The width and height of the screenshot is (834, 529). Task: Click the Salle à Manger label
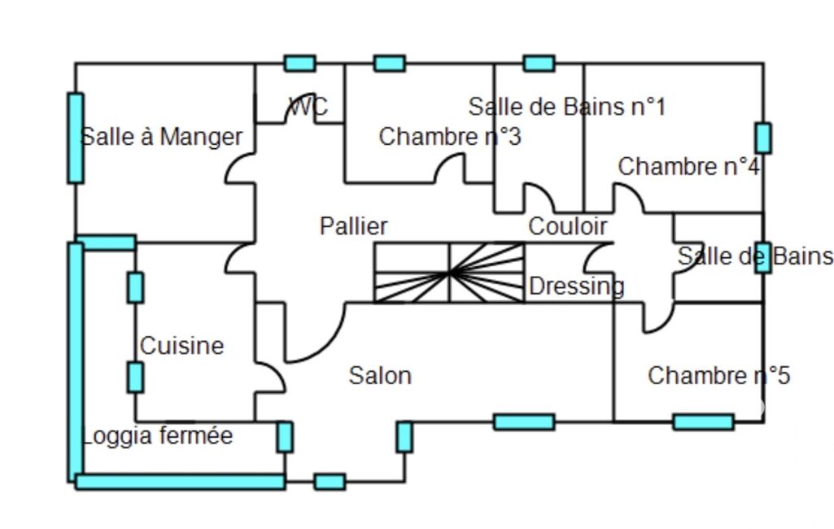pos(162,137)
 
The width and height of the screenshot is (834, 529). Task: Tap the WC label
pos(308,107)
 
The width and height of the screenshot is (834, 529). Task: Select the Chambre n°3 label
pos(450,137)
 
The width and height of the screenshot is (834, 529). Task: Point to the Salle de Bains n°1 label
pos(567,107)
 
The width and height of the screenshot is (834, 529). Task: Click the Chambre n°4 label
pos(689,167)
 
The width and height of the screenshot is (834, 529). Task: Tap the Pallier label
pos(353,225)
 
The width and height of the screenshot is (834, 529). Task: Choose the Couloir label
pos(568,226)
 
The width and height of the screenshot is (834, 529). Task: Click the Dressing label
pos(577,286)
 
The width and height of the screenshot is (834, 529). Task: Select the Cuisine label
pos(181,346)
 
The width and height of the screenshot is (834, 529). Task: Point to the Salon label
pos(380,376)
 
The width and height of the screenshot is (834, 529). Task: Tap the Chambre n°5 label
pos(718,376)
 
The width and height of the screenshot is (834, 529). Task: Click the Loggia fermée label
pos(157,436)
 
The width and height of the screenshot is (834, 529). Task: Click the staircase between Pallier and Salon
pos(449,273)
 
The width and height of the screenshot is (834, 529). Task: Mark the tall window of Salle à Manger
pos(76,138)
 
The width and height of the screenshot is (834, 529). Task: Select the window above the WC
pos(299,63)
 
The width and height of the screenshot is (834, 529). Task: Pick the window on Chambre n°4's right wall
pos(762,138)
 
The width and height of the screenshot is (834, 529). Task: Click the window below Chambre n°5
pos(703,422)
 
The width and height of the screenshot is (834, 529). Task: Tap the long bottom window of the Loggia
pos(181,482)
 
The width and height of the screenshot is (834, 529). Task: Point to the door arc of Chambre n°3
pos(449,168)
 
